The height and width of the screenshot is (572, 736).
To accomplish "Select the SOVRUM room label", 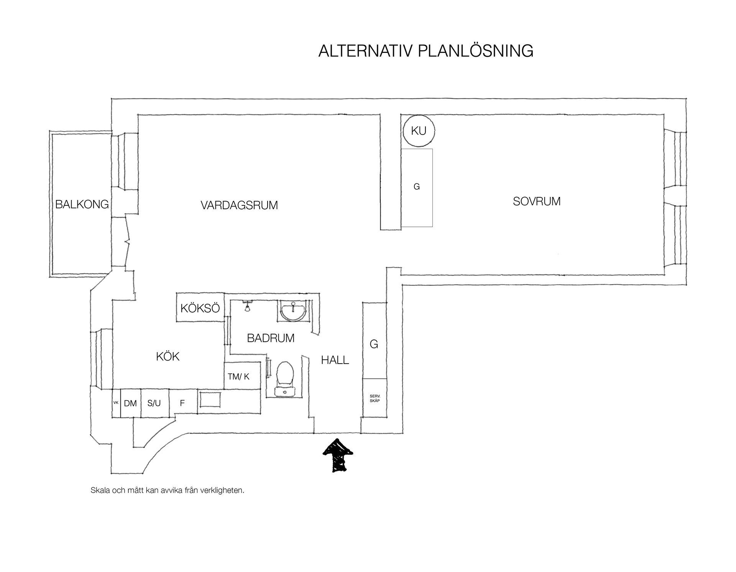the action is pyautogui.click(x=537, y=201).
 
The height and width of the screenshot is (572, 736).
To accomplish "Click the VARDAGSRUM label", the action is pyautogui.click(x=239, y=205).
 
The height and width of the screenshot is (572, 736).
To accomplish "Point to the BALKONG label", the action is pyautogui.click(x=82, y=204).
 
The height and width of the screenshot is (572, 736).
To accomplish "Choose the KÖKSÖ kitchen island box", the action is pyautogui.click(x=200, y=308).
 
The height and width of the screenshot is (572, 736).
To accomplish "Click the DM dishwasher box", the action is pyautogui.click(x=131, y=403).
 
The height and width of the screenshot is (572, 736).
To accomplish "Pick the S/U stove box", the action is pyautogui.click(x=154, y=403).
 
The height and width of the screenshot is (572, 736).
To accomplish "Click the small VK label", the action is pyautogui.click(x=116, y=402).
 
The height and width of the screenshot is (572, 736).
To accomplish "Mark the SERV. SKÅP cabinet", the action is pyautogui.click(x=375, y=398).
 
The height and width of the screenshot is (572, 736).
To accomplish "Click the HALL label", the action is pyautogui.click(x=335, y=360).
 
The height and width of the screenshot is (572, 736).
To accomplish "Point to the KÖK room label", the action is pyautogui.click(x=168, y=357).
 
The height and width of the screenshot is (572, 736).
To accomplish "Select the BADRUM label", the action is pyautogui.click(x=271, y=338).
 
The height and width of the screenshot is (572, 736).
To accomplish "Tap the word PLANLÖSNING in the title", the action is pyautogui.click(x=475, y=51).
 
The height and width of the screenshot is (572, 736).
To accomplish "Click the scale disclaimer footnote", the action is pyautogui.click(x=168, y=490).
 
